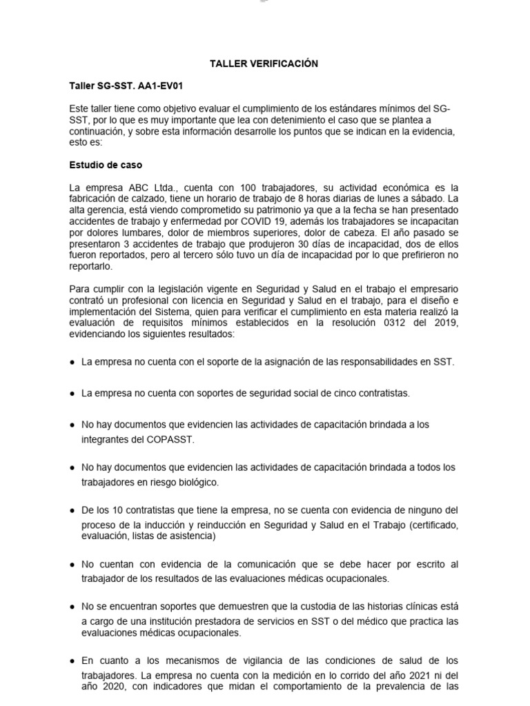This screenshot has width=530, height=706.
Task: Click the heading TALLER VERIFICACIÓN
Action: coord(264,64)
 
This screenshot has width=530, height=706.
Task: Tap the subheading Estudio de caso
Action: coord(106,165)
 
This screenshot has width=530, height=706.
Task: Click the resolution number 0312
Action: coord(387,323)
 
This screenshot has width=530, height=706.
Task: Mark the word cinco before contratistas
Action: coord(335,394)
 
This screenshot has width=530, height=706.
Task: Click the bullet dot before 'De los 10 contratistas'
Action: coord(72,511)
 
